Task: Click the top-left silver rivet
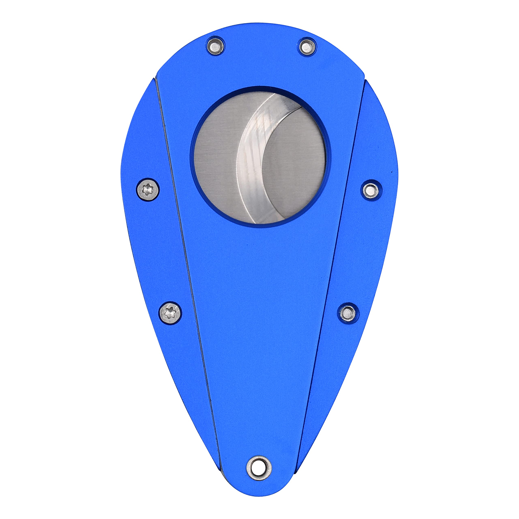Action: click(216, 46)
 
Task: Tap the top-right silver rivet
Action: click(307, 46)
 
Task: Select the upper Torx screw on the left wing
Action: click(147, 189)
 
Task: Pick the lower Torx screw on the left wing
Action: click(170, 313)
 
